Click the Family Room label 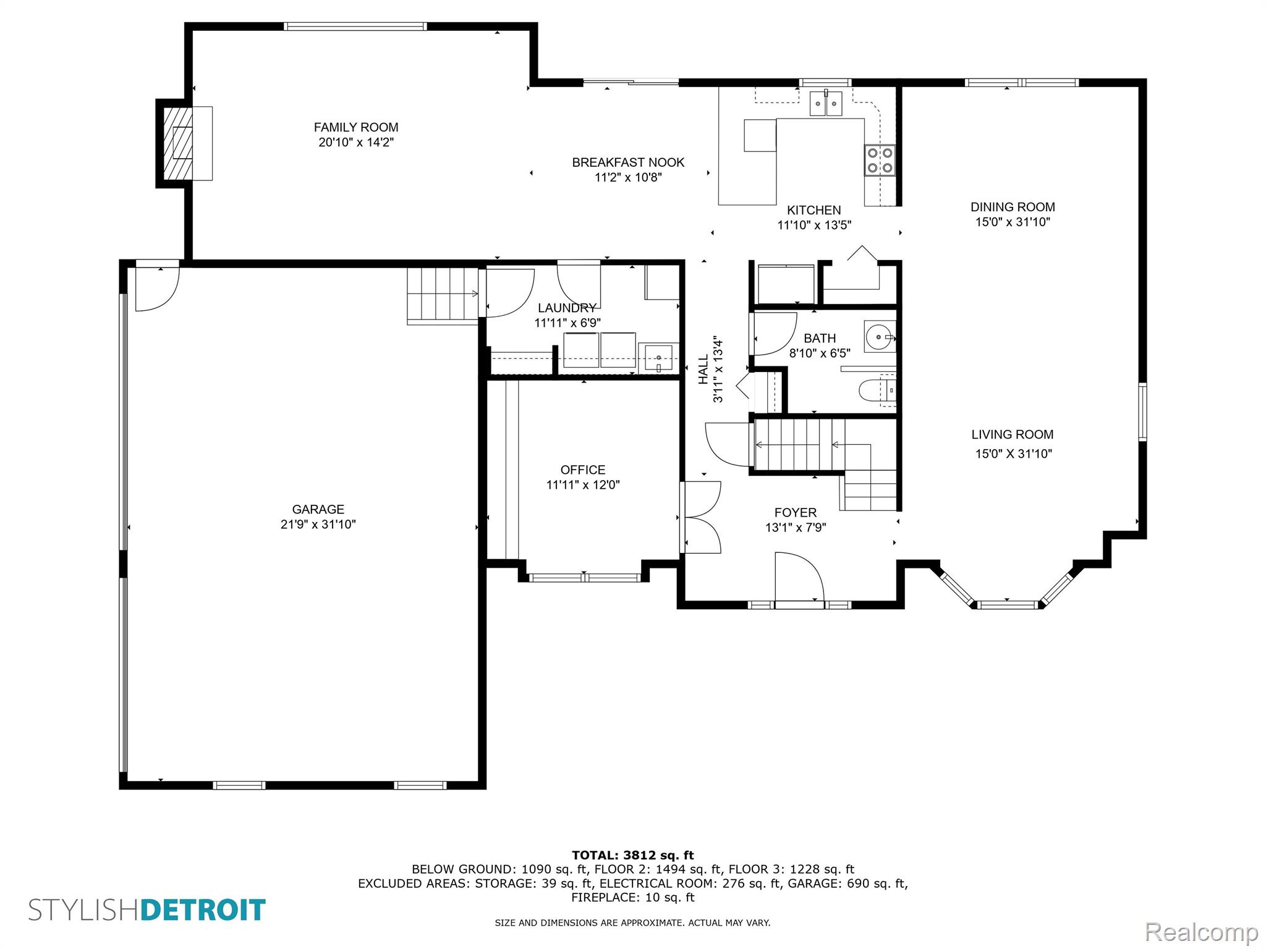(355, 127)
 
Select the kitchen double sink (826, 103)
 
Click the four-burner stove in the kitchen (879, 159)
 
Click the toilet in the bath (874, 390)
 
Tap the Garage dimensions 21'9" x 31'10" (318, 525)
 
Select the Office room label (582, 470)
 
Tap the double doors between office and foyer (702, 517)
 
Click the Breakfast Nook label (627, 162)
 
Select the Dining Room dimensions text (1012, 222)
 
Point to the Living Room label (1012, 435)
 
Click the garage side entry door (157, 287)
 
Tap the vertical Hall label (703, 369)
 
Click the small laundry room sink (658, 358)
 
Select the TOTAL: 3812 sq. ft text (632, 856)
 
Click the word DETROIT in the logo (203, 911)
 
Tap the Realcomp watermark (1201, 932)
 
